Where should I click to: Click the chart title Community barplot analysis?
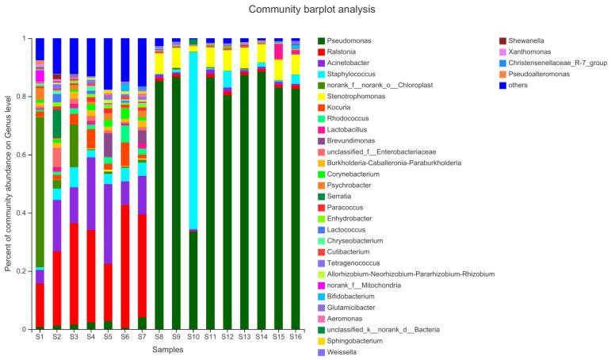(x=305, y=10)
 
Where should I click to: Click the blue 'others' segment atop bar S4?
(x=91, y=56)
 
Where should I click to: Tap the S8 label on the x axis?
(x=159, y=338)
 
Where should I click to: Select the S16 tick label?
(x=296, y=338)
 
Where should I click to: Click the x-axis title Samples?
(x=168, y=350)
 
